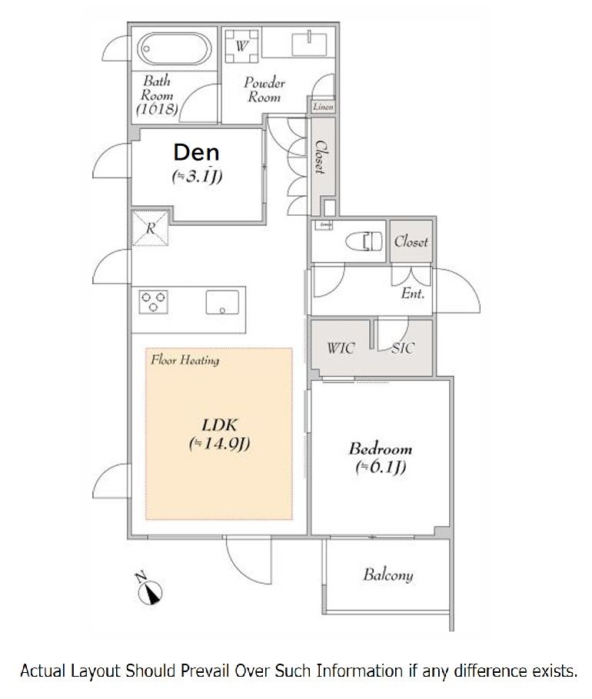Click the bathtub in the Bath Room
click(x=174, y=48)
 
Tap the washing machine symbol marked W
click(x=241, y=46)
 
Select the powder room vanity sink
click(x=309, y=44)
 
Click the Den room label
click(x=196, y=152)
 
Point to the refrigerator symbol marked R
click(x=151, y=228)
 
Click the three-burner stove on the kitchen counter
click(x=153, y=302)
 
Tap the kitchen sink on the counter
click(x=222, y=302)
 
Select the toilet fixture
click(x=364, y=241)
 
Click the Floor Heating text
click(x=185, y=359)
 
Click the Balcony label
click(x=387, y=575)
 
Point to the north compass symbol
click(x=148, y=589)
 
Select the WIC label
click(x=341, y=348)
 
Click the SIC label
click(x=403, y=348)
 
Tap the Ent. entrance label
click(x=413, y=293)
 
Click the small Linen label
click(x=323, y=107)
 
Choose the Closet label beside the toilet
click(x=411, y=242)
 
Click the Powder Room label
click(x=264, y=90)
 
